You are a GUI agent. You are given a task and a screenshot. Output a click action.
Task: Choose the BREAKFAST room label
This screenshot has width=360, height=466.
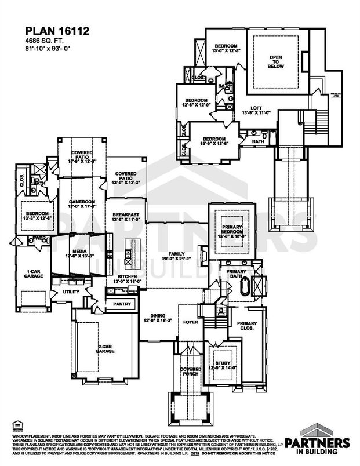(x=125, y=215)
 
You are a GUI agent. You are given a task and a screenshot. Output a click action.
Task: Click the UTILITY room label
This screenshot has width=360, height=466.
(x=71, y=292)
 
